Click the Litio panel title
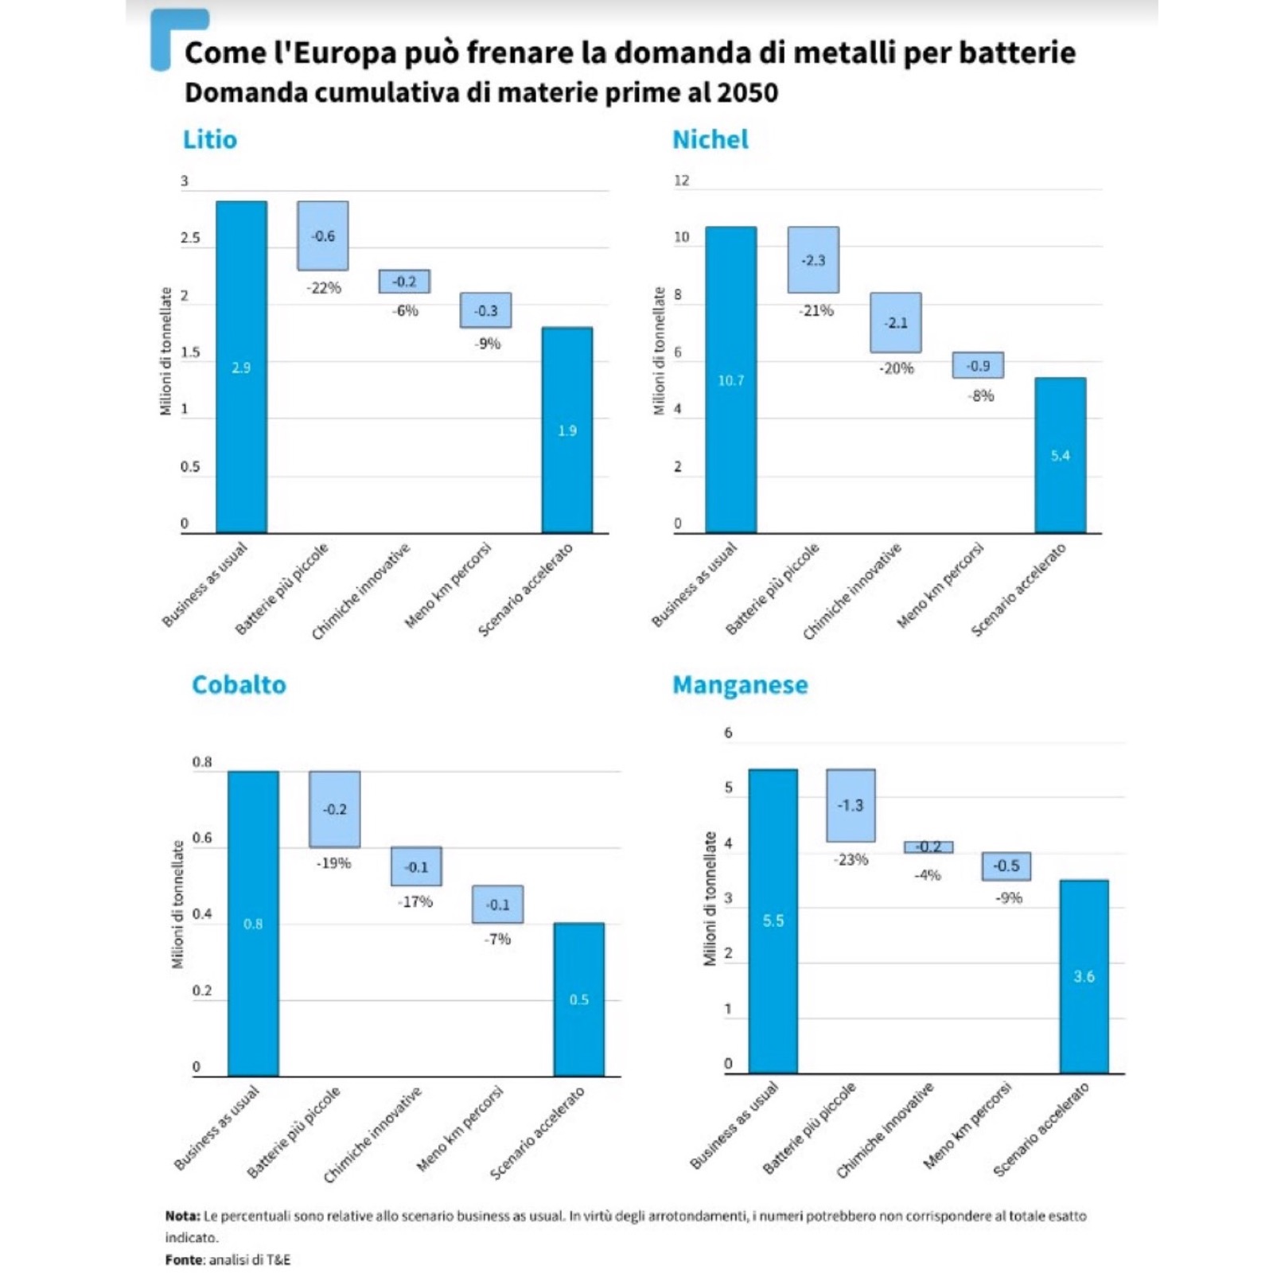[x=210, y=139]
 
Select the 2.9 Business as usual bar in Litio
[x=241, y=367]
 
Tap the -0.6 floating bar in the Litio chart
[x=323, y=236]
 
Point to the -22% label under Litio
[x=324, y=288]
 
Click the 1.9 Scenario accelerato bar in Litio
[x=567, y=430]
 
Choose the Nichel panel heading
[x=710, y=139]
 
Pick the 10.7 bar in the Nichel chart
[x=730, y=380]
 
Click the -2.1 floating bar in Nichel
[x=896, y=322]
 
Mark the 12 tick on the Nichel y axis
[x=682, y=181]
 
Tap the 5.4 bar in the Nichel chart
[x=1060, y=455]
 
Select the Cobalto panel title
[x=239, y=685]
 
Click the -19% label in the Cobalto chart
[x=333, y=863]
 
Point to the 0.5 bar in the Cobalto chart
[x=579, y=999]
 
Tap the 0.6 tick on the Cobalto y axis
[x=202, y=838]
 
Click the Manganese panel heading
[x=740, y=685]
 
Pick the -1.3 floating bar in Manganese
[x=851, y=805]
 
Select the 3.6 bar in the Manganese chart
[x=1084, y=976]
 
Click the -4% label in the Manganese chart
[x=928, y=875]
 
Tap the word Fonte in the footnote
[x=185, y=1259]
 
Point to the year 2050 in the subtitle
[x=747, y=93]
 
